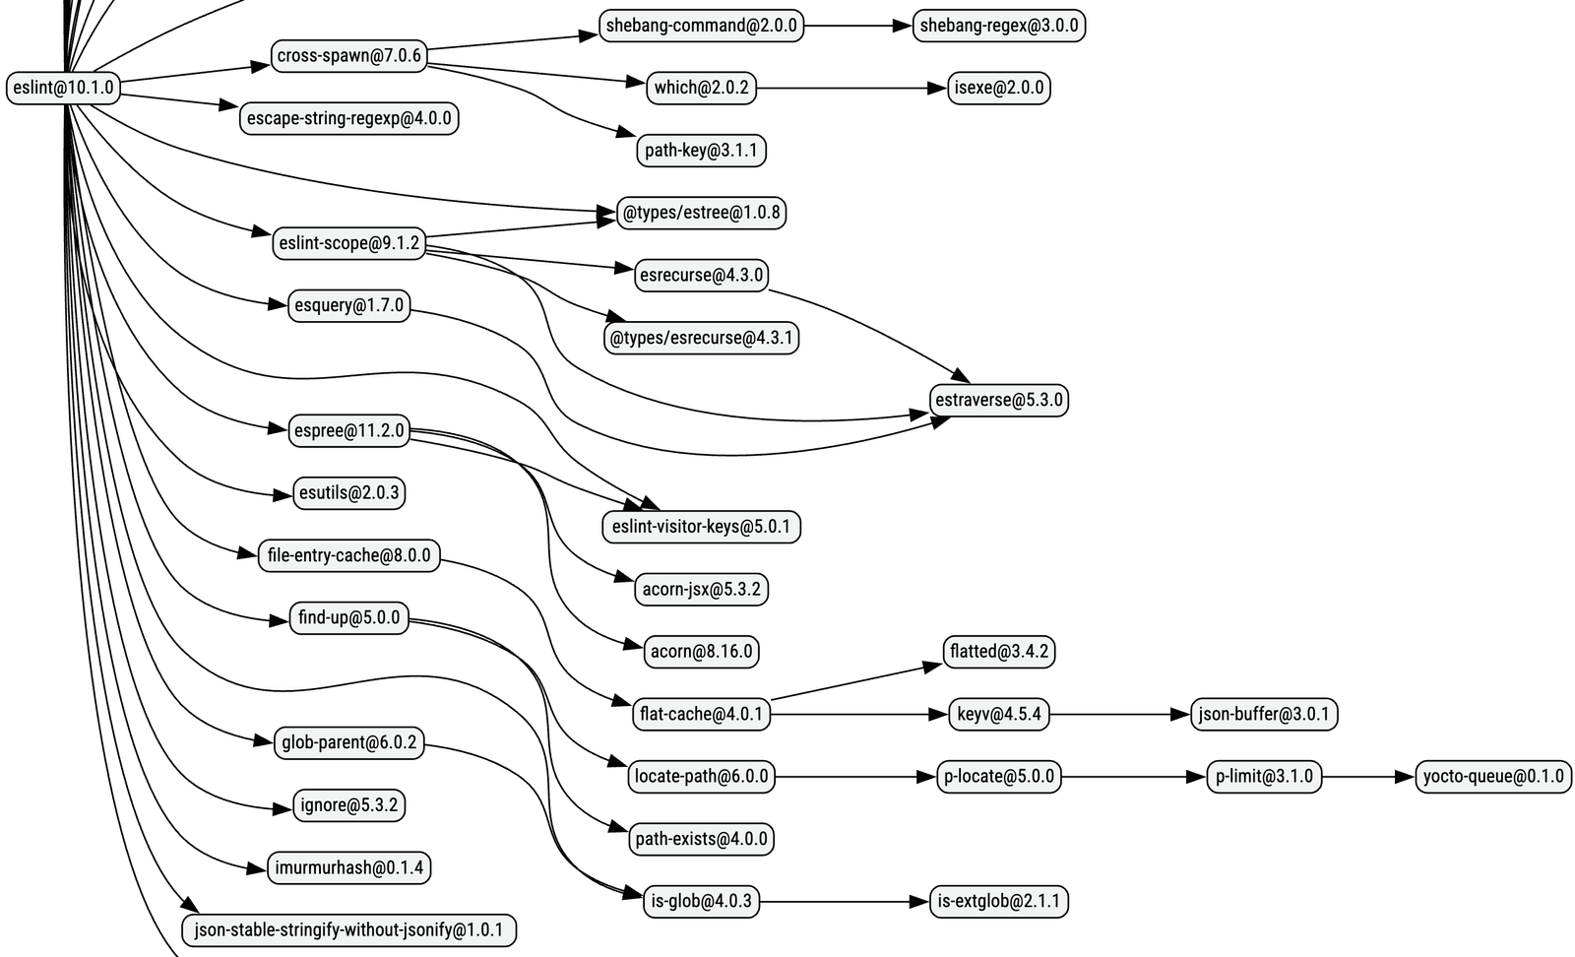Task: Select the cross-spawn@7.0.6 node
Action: click(x=348, y=56)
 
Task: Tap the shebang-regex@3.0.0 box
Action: click(x=998, y=26)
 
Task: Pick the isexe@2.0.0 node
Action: click(x=998, y=88)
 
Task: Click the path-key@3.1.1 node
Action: click(x=701, y=151)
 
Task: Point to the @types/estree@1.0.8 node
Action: click(x=701, y=213)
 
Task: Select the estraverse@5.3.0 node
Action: click(x=998, y=400)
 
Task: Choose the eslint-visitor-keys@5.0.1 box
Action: click(x=701, y=527)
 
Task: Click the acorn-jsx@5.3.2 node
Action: click(x=701, y=589)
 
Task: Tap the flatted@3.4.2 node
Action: click(x=998, y=651)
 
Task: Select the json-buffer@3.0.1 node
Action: click(x=1263, y=714)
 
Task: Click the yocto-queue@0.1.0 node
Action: click(x=1492, y=776)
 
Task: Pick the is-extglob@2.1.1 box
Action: click(x=998, y=901)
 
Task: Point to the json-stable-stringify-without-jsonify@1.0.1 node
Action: click(x=348, y=929)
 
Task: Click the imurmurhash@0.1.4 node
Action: click(x=348, y=867)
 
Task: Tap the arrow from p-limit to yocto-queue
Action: click(x=1368, y=776)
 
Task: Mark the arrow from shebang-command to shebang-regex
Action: click(x=857, y=26)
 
